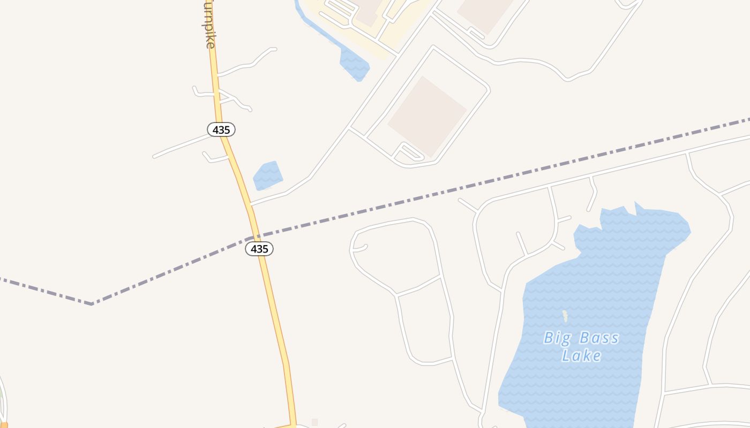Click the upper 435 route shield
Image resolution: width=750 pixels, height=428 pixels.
(221, 129)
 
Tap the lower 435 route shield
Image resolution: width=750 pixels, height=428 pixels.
(259, 249)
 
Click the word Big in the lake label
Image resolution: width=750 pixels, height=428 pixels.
(555, 338)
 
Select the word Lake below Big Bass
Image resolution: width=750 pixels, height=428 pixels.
(581, 356)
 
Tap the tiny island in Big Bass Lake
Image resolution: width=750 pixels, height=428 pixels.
(565, 316)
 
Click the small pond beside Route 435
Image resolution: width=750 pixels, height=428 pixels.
(267, 175)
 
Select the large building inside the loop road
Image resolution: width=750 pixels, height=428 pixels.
(427, 116)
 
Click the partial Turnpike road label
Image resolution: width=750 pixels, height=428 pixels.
(209, 24)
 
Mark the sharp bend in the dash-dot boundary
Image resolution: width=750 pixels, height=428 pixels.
(92, 304)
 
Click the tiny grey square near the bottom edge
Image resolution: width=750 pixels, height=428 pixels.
(315, 422)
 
